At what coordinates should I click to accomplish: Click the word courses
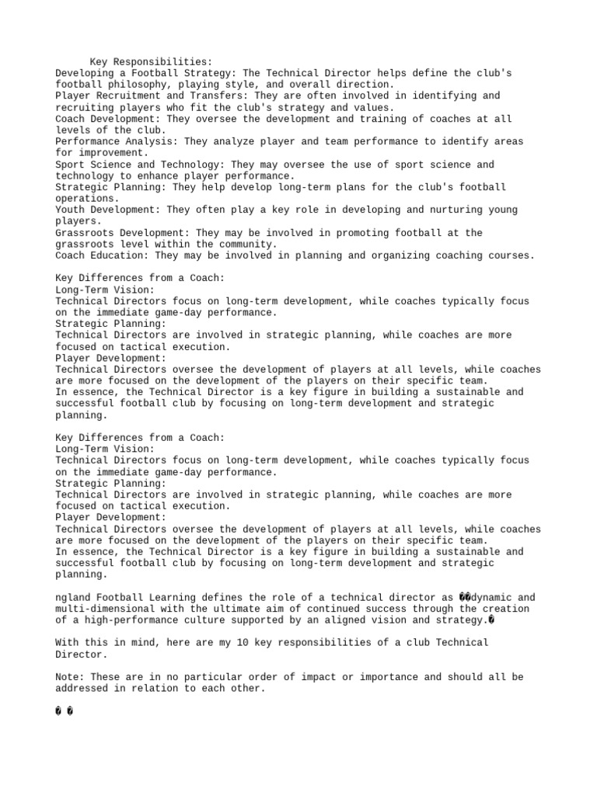point(510,255)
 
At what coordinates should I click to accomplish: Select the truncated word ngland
point(73,597)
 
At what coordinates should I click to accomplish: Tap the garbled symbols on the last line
point(65,711)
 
